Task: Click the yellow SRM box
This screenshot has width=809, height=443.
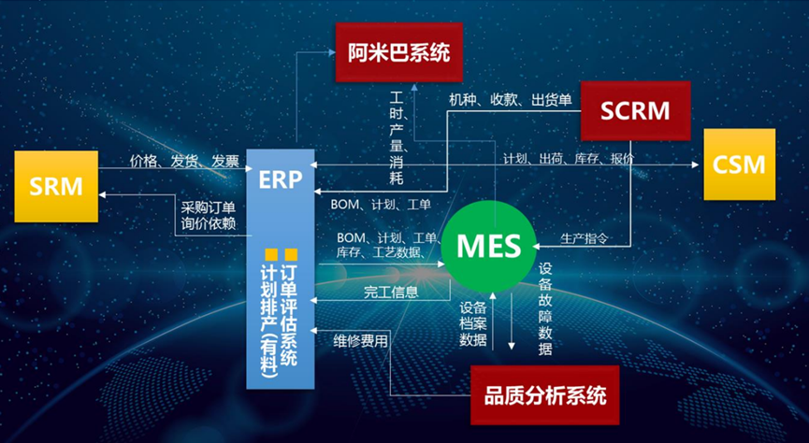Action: [x=56, y=187]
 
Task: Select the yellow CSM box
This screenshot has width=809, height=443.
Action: [x=740, y=164]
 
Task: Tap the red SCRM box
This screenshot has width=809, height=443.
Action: [x=636, y=111]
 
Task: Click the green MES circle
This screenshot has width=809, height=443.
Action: [x=488, y=246]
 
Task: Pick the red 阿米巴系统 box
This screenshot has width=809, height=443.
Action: [x=398, y=52]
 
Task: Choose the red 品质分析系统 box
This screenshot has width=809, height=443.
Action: [x=545, y=395]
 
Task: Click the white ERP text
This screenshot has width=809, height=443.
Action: [x=281, y=179]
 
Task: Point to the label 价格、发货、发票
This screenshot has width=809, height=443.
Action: [x=184, y=162]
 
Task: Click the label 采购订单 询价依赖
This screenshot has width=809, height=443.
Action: [x=209, y=216]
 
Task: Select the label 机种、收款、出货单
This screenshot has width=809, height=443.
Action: [x=511, y=99]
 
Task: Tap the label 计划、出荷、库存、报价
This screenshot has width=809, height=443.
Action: [x=569, y=158]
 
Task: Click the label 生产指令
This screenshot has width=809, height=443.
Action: [x=584, y=238]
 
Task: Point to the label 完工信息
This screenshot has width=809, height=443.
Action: [x=391, y=293]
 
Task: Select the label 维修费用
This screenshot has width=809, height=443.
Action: [x=360, y=341]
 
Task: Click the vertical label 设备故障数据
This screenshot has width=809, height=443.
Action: [x=545, y=308]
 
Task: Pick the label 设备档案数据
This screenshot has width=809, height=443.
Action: [x=473, y=324]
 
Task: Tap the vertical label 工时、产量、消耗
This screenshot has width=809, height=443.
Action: [x=397, y=137]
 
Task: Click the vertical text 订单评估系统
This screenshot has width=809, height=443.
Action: [x=289, y=315]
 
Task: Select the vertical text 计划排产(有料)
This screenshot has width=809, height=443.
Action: [x=270, y=322]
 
